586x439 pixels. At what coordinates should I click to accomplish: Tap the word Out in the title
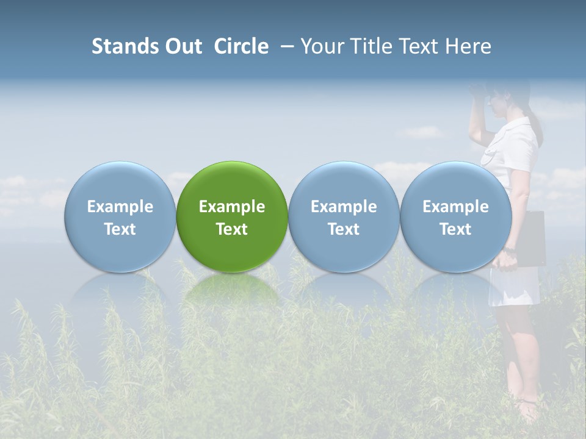click(181, 46)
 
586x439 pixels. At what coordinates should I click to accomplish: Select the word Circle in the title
click(241, 46)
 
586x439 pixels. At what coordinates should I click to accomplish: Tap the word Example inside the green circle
click(232, 207)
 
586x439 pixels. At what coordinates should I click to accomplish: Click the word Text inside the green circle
click(232, 229)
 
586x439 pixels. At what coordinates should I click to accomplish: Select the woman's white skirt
click(514, 287)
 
